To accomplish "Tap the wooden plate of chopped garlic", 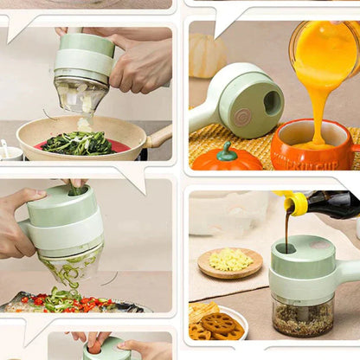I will tap(229, 261).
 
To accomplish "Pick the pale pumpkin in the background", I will tap(208, 56).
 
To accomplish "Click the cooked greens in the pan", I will tap(78, 143).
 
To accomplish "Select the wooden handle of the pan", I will tap(160, 136).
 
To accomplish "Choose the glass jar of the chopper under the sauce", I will tap(303, 316).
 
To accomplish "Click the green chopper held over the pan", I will tap(84, 65).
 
